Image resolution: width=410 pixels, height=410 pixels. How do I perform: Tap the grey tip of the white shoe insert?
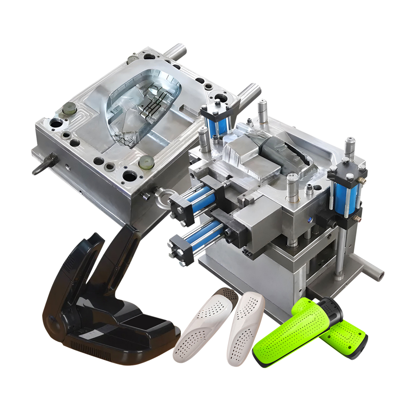[x=227, y=294]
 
